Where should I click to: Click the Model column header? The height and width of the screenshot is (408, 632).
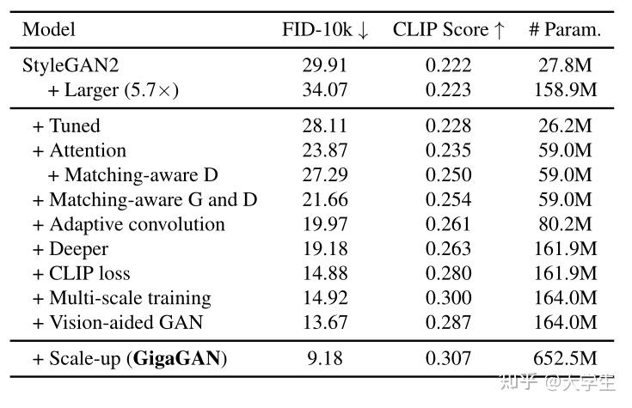[x=49, y=30]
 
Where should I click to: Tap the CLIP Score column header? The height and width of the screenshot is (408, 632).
[x=441, y=30]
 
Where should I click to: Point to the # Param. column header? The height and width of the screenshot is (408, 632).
[x=564, y=30]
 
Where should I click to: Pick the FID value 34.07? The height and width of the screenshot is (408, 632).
[x=325, y=90]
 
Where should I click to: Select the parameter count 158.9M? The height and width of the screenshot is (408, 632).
[x=564, y=90]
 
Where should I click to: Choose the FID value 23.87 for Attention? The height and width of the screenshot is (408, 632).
[x=325, y=151]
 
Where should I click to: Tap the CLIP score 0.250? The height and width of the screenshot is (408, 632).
[x=449, y=175]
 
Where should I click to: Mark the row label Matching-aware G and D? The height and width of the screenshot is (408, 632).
[x=144, y=200]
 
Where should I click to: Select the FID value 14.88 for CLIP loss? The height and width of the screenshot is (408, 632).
[x=325, y=274]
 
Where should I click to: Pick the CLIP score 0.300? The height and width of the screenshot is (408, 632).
[x=449, y=298]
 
